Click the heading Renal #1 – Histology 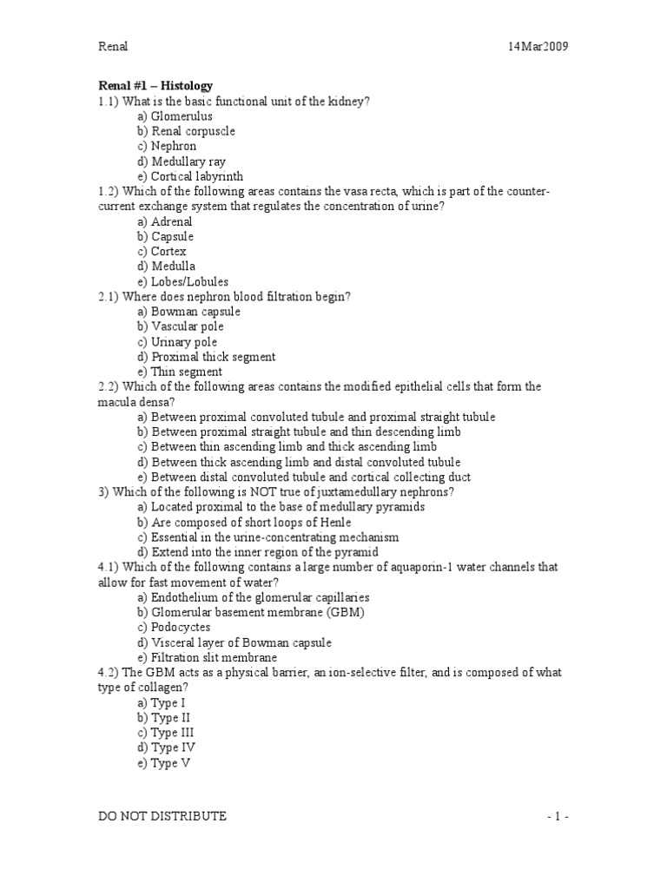pos(155,86)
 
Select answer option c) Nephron pos(167,147)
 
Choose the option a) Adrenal pos(165,221)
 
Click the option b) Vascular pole pos(180,326)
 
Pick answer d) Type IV pos(167,747)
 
